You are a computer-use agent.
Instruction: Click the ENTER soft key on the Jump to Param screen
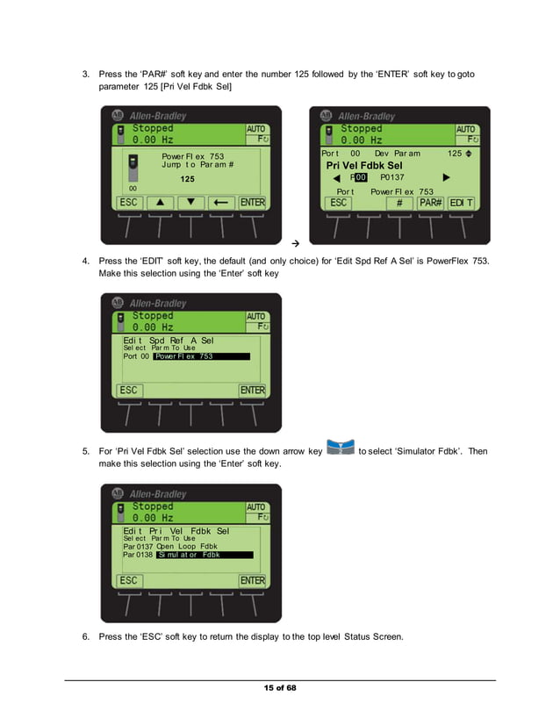tap(253, 203)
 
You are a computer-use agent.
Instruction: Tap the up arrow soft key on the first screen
tap(160, 203)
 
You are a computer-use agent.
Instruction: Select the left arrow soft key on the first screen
tap(221, 203)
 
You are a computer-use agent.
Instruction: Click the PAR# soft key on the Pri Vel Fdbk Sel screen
tap(430, 203)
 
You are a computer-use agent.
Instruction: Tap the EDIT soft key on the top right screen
tap(461, 203)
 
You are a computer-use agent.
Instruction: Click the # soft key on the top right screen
tap(399, 203)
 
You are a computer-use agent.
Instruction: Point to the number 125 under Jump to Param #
tap(188, 179)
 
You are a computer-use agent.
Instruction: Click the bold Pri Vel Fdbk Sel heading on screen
tap(364, 165)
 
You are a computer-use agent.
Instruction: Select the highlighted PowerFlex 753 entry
tap(201, 356)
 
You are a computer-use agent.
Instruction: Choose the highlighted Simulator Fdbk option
tap(203, 555)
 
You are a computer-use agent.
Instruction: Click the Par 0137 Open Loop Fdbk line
tap(170, 546)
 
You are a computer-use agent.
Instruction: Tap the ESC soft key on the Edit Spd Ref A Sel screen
tap(130, 391)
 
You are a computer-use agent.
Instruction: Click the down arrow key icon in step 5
tap(340, 449)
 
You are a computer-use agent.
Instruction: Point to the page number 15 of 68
tap(280, 687)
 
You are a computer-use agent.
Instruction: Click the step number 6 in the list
tap(86, 636)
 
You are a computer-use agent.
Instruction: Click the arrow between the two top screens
tap(296, 241)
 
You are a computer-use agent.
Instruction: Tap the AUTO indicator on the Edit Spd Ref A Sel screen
tap(256, 317)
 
